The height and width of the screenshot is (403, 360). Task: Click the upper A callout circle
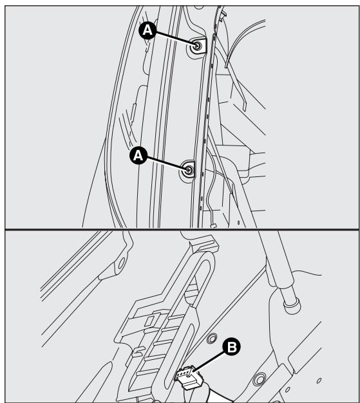147,31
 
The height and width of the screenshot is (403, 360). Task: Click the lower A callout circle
138,156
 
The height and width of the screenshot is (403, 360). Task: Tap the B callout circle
231,346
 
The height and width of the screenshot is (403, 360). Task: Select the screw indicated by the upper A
197,46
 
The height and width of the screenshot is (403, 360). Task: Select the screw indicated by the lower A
189,169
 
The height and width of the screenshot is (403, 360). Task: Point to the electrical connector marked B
189,377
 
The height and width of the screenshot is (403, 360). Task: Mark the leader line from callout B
209,361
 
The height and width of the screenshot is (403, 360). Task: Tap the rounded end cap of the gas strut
292,306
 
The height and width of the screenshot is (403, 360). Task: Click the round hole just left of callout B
212,338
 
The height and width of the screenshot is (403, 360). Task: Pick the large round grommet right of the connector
259,379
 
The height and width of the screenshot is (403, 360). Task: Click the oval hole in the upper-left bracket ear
121,263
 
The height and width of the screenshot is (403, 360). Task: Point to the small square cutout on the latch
149,321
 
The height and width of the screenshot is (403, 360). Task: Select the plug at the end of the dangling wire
213,226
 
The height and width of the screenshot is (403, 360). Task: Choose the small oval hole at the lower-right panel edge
319,380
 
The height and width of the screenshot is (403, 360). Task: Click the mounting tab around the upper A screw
198,46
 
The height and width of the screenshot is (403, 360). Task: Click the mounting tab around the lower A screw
187,169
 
